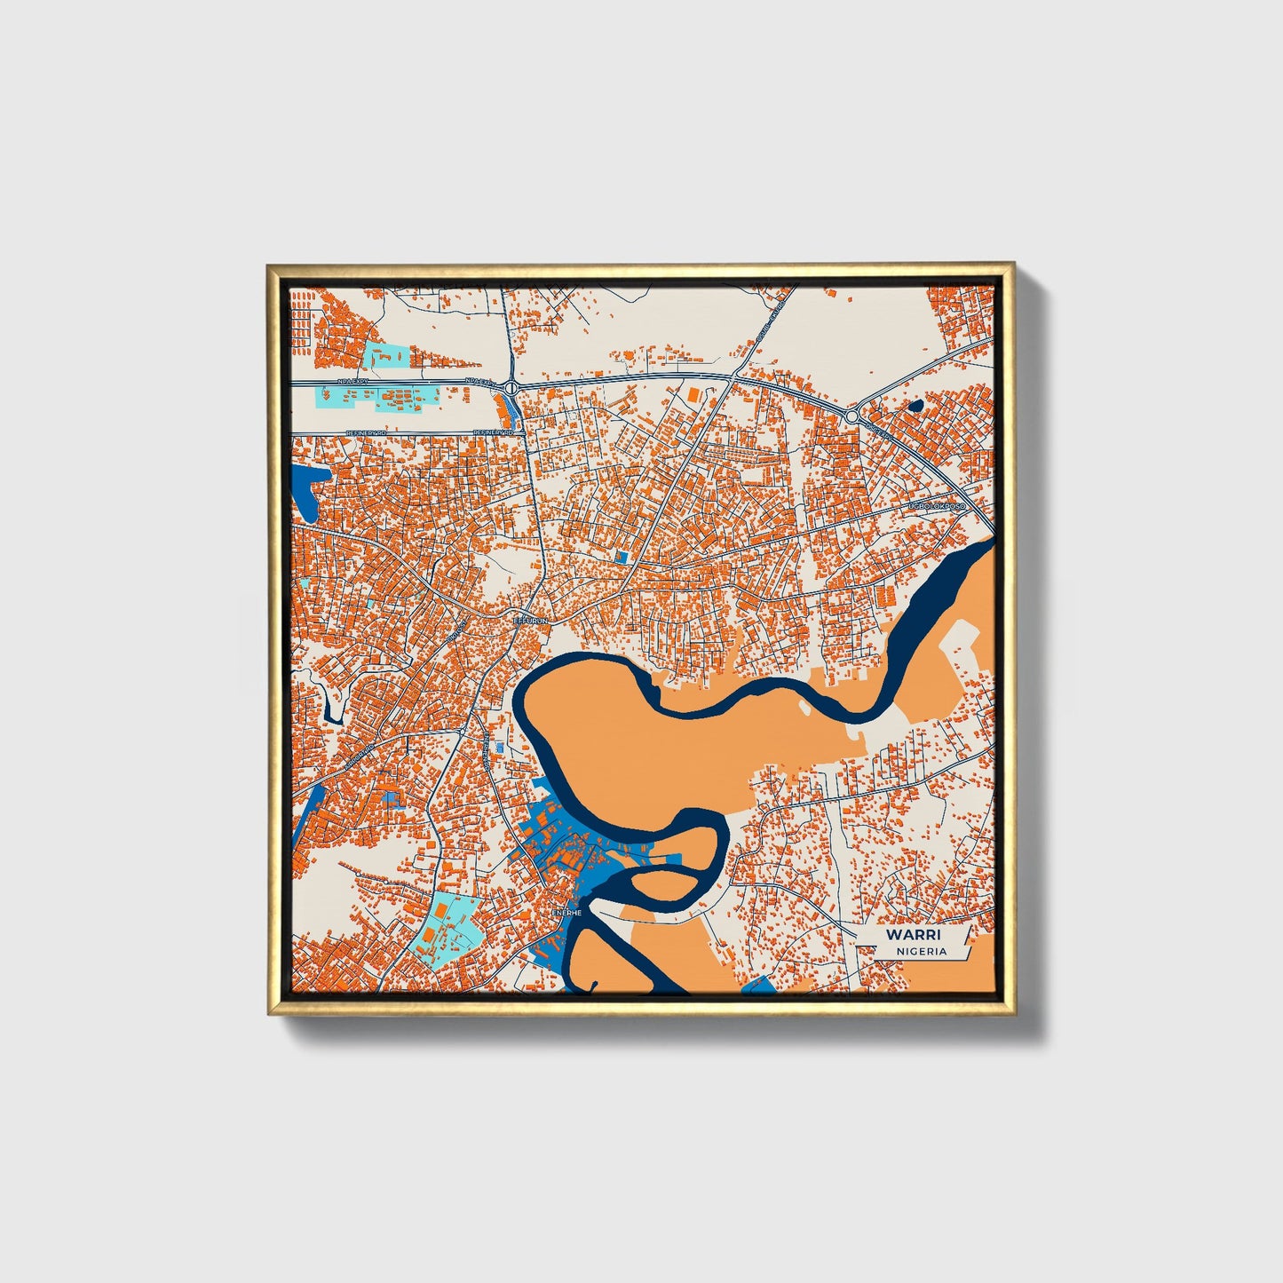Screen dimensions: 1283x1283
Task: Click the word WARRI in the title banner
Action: point(913,935)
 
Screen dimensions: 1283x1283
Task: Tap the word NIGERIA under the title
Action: point(921,951)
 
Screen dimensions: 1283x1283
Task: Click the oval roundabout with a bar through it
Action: point(511,388)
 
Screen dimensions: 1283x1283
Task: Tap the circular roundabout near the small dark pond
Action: point(851,416)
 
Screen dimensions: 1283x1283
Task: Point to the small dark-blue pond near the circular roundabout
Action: point(916,405)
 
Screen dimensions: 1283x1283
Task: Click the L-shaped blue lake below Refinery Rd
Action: point(308,491)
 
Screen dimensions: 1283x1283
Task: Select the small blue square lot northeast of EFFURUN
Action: point(622,556)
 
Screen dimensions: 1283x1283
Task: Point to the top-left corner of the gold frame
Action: point(269,265)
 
